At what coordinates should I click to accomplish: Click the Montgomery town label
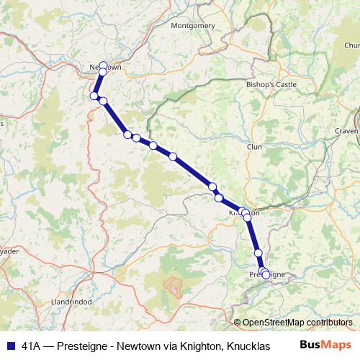click(x=193, y=25)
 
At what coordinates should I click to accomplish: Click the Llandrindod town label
click(x=72, y=302)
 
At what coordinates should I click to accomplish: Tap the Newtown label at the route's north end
click(x=105, y=67)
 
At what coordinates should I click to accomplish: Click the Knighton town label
click(x=243, y=213)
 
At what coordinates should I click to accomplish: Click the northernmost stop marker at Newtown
click(x=103, y=65)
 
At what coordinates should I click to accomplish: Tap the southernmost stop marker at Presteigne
click(x=266, y=275)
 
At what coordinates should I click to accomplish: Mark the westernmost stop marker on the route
click(x=94, y=96)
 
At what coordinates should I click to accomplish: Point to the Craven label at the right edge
click(x=346, y=131)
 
